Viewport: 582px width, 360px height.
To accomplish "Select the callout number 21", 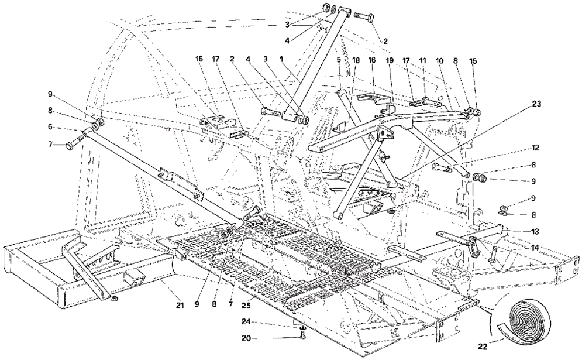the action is [x=180, y=305].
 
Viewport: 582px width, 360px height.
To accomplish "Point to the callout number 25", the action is [x=246, y=305].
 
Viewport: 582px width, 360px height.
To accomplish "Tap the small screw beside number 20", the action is [x=302, y=337].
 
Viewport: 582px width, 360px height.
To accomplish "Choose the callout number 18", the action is [x=356, y=60].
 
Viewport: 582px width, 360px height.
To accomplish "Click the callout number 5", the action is [x=338, y=60].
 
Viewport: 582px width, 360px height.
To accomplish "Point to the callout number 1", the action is [x=281, y=59].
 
